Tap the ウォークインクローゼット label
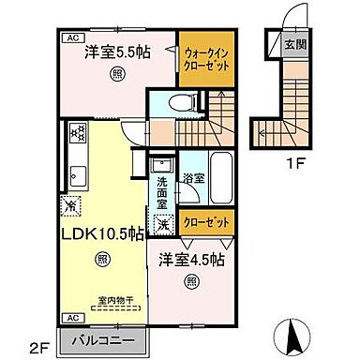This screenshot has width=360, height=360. click(203, 60)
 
